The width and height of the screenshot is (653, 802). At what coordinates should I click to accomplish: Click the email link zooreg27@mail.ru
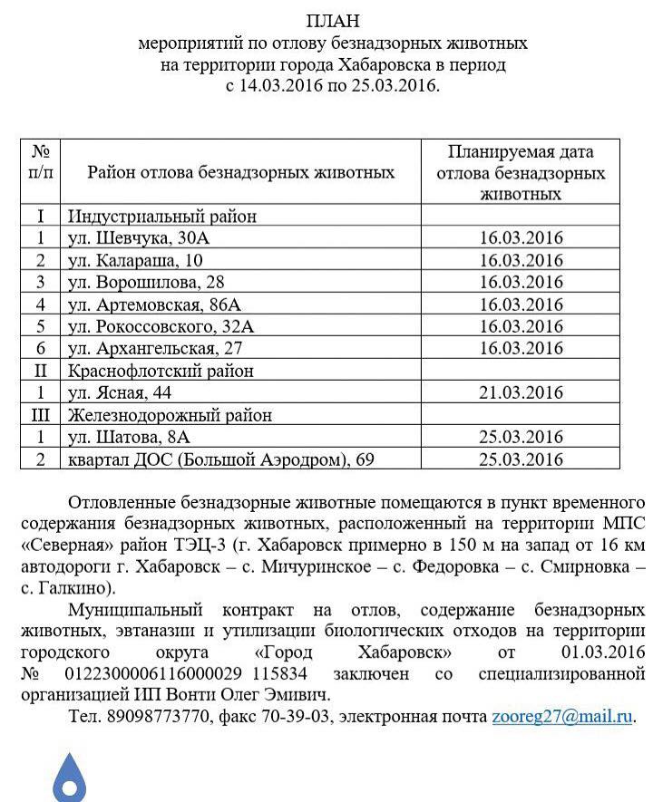pos(562,716)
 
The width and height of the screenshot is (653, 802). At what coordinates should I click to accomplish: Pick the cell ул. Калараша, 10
pos(137,260)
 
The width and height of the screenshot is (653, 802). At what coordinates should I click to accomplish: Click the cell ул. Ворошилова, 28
pos(146,282)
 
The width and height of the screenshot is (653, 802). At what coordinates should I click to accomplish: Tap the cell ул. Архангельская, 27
pos(156,348)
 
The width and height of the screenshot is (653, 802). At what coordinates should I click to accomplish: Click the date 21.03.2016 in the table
pos(521,392)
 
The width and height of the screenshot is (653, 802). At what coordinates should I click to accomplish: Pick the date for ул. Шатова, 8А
pos(521,438)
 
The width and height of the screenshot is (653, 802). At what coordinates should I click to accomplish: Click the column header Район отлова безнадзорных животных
pos(240,172)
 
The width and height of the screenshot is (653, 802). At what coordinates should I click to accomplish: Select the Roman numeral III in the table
pos(41,415)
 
